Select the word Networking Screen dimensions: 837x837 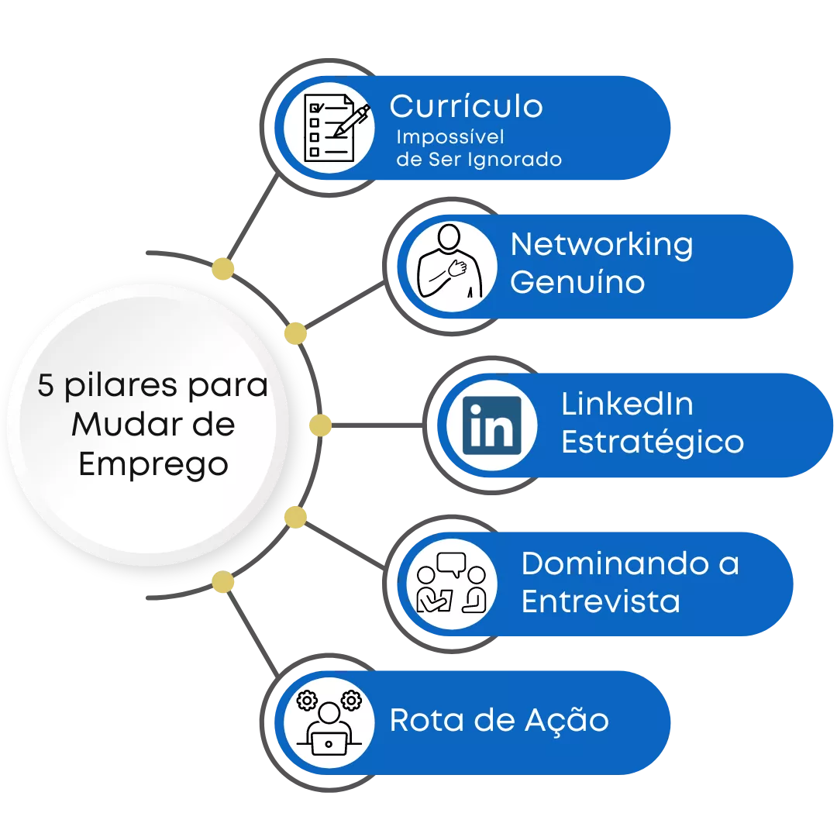pos(601,245)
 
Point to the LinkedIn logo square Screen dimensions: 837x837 pos(491,425)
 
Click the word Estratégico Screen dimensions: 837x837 pos(653,443)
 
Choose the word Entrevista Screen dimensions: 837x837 pos(601,601)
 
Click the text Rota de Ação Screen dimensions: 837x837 pos(499,721)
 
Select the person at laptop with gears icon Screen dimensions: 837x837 pos(329,723)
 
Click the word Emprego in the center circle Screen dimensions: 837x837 pos(153,464)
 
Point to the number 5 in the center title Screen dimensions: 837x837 pos(46,385)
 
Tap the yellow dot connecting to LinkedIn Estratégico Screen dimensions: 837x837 pos(320,425)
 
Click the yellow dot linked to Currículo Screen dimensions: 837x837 pos(222,268)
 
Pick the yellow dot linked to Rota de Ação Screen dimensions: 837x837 pos(222,582)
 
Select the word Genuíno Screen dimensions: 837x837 pos(577,282)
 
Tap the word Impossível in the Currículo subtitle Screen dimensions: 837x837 pos(450,137)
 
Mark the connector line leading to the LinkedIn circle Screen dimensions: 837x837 pos(377,425)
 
